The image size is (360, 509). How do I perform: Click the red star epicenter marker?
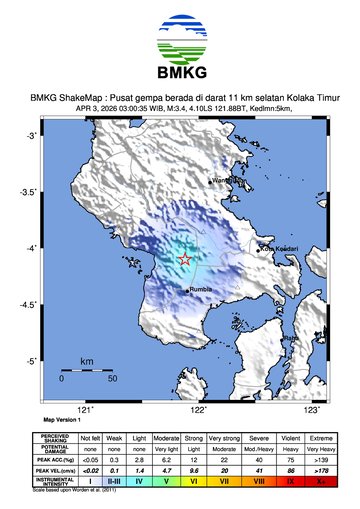[x=185, y=260]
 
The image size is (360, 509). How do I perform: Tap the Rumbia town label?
[x=203, y=291]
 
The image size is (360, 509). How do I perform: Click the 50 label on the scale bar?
[x=112, y=380]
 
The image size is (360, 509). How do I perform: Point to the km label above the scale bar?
[x=87, y=359]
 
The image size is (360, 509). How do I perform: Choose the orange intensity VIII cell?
[x=259, y=481]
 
